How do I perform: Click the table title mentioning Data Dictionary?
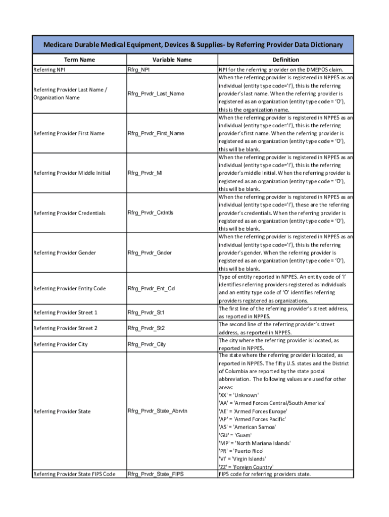193,45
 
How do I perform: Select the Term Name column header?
80,60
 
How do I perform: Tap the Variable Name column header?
172,60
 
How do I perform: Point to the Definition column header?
285,60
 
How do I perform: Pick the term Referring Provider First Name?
69,133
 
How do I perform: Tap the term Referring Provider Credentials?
69,213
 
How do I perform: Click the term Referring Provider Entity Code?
69,289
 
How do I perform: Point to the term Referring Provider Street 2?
65,328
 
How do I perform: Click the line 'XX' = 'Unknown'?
238,395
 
